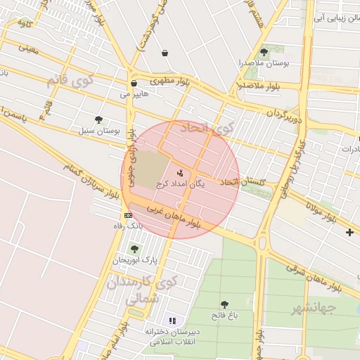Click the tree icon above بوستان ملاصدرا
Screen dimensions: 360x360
264,51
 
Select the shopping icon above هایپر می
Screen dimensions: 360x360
134,83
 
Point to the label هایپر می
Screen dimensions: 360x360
133,94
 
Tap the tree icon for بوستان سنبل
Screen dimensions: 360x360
98,120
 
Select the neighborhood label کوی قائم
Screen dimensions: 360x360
70,81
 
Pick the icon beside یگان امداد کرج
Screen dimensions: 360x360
181,173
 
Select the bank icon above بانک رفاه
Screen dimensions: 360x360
128,215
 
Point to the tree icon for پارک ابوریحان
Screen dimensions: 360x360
134,249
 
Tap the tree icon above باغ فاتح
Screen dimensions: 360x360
224,304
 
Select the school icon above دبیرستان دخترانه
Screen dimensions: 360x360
172,321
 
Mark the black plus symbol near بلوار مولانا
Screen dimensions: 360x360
350,232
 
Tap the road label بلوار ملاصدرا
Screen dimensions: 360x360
259,86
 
